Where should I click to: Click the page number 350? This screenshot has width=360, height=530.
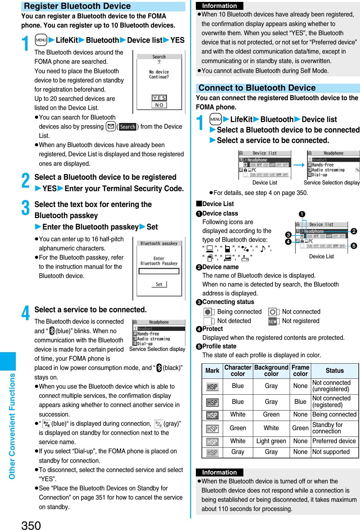click(x=31, y=525)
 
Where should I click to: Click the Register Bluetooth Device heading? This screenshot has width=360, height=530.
click(x=77, y=6)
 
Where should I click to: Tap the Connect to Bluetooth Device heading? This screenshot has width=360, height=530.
click(x=257, y=88)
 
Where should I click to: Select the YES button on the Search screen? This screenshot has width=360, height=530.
click(x=159, y=98)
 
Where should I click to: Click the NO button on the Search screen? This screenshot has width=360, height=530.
click(x=159, y=105)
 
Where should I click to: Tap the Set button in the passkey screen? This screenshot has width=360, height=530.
click(x=159, y=284)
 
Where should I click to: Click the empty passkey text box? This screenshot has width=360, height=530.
click(x=159, y=271)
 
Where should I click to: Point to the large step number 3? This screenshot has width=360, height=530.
click(x=26, y=208)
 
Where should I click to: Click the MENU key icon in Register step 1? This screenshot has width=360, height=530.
click(x=41, y=40)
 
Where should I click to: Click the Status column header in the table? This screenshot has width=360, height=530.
click(x=334, y=371)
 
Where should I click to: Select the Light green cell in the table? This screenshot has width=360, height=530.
click(x=271, y=441)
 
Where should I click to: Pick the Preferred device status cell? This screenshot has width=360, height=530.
click(x=334, y=441)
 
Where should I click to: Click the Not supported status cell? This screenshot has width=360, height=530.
click(x=331, y=452)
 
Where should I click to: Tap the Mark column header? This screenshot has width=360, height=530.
click(x=212, y=371)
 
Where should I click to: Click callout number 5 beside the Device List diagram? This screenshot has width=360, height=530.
click(x=354, y=246)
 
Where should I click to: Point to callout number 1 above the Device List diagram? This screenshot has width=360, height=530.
click(x=302, y=214)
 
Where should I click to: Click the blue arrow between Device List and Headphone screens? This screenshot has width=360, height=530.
click(x=299, y=165)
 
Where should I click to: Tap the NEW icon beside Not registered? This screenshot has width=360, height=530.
click(x=273, y=321)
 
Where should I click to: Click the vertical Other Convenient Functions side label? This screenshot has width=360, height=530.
click(x=12, y=426)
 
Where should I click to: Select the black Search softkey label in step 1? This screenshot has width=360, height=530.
click(x=127, y=127)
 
